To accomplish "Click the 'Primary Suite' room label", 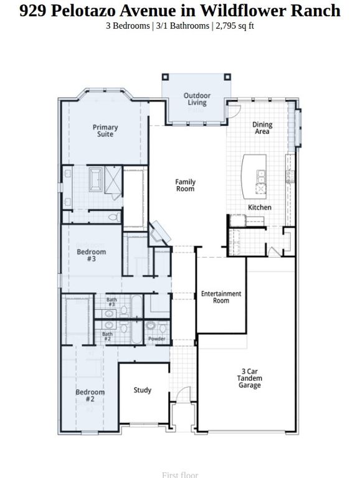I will pos(105,131).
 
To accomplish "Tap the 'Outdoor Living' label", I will pos(197,99).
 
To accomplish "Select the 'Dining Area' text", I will pos(262,128).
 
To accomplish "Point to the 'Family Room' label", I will pos(185,185).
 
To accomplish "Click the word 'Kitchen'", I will pos(260,207).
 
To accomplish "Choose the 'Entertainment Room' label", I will pos(220,297).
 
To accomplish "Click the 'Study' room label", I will pos(143,390).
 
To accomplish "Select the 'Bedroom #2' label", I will pos(85,396).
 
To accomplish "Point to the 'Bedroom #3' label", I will pos(91,256).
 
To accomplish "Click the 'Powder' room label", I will pos(157,339).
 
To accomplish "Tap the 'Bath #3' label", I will pos(111,302).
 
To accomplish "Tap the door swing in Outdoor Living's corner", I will pos(235,111).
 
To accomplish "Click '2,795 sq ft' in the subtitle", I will pos(236,27).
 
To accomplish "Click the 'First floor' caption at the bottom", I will pos(179,475).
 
